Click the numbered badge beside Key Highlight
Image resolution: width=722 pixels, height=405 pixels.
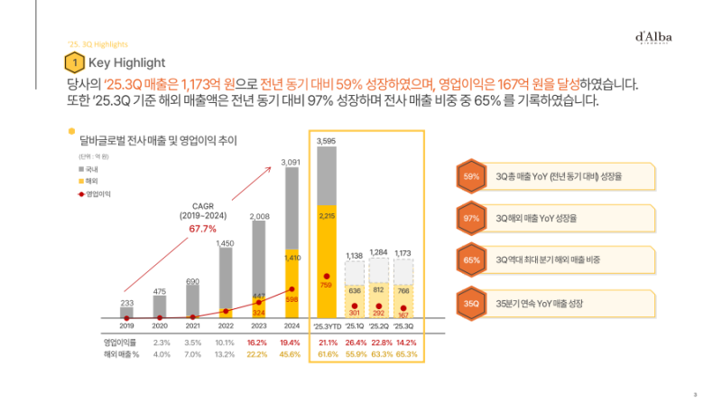[76, 62]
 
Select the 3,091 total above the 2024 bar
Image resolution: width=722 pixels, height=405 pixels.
[291, 162]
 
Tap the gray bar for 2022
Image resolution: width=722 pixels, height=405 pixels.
[226, 284]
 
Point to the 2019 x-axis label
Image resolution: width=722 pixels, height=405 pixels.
[127, 325]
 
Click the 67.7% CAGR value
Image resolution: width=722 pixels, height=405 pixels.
[202, 228]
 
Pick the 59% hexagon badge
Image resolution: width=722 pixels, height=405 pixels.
[471, 177]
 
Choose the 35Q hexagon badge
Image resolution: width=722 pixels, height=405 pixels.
[471, 304]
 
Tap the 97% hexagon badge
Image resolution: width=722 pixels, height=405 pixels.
[471, 219]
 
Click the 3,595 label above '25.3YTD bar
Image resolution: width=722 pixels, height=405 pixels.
[326, 141]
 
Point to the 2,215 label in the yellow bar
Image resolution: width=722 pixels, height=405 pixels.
[326, 216]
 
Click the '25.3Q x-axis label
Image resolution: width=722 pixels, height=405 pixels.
[403, 325]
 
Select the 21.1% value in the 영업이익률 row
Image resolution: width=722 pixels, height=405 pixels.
[326, 343]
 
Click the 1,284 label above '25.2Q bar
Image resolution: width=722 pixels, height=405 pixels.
[378, 252]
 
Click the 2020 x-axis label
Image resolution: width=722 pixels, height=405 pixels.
[160, 325]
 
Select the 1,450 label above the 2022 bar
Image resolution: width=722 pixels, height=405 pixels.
[226, 243]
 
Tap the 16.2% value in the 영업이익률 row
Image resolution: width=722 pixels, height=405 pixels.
[258, 343]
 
